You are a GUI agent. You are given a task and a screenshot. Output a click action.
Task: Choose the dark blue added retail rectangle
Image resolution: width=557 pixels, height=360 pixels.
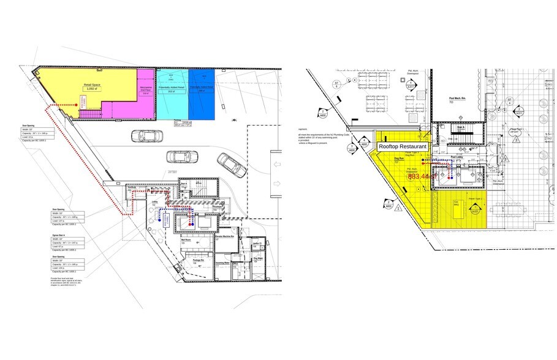click(x=202, y=95)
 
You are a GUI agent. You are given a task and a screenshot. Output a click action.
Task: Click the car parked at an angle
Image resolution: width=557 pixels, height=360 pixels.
click(x=232, y=164)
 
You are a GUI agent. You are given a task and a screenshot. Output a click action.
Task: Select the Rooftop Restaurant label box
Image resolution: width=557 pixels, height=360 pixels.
click(x=401, y=148)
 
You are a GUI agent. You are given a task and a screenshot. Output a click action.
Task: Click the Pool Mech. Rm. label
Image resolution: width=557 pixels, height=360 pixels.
click(x=458, y=99)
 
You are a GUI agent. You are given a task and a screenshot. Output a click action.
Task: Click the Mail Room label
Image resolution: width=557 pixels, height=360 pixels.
click(x=187, y=241)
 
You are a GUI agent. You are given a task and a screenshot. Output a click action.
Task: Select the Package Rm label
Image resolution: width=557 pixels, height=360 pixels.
click(x=198, y=260)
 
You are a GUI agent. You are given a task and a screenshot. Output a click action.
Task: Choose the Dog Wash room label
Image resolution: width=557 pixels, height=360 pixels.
click(x=257, y=258)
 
